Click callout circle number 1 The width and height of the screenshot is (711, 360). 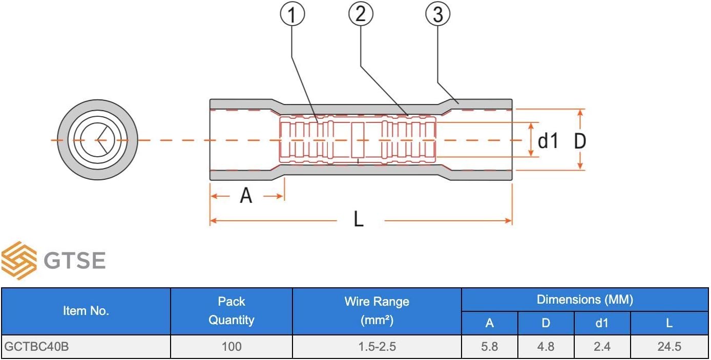tap(292, 14)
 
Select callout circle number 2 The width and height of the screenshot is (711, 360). tap(361, 14)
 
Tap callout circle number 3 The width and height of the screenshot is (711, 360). tap(437, 14)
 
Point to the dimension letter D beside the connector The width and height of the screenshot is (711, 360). tap(580, 141)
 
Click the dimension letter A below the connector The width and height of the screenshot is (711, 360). tap(246, 196)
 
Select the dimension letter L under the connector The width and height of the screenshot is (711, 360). tap(359, 219)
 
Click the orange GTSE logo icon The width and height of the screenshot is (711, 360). tap(19, 261)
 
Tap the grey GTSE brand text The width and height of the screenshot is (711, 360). tap(75, 261)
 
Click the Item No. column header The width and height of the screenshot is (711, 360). tap(86, 311)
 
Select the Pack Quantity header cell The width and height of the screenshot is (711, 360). tap(232, 311)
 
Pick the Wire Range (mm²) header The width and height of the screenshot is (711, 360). tap(377, 311)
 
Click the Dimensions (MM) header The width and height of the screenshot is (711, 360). tap(585, 300)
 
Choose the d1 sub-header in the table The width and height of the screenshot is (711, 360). tap(602, 323)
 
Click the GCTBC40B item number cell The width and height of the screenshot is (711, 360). tap(36, 346)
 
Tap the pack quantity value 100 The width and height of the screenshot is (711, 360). tap(232, 346)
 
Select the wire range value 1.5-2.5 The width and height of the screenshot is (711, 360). tap(377, 347)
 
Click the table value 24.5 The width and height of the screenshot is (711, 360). tap(669, 347)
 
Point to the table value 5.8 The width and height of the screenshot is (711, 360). tap(489, 347)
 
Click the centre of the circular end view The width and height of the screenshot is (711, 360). tap(97, 140)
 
